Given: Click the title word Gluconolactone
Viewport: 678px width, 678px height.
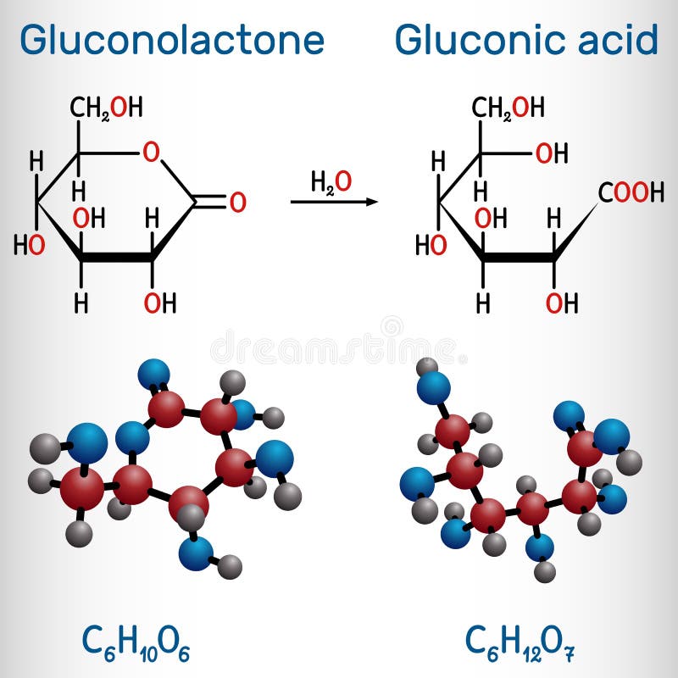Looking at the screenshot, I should (x=172, y=40).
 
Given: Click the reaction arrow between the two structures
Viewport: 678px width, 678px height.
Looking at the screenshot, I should (x=333, y=202).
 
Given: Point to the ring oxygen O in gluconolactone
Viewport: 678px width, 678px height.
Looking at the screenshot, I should (x=151, y=153).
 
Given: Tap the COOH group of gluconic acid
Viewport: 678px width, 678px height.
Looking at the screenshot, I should (x=631, y=193).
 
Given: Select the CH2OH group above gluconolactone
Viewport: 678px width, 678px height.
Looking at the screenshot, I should (x=106, y=108).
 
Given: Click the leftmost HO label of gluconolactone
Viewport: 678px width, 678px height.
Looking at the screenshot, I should (x=28, y=246).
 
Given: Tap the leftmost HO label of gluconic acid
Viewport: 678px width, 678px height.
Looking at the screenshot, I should (x=431, y=246).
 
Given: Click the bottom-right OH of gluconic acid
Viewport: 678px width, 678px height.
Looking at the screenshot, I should (x=561, y=302).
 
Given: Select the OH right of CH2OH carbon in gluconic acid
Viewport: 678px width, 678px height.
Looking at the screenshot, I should (x=552, y=153).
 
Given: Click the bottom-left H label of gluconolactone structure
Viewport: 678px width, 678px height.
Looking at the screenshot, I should (x=81, y=301).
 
